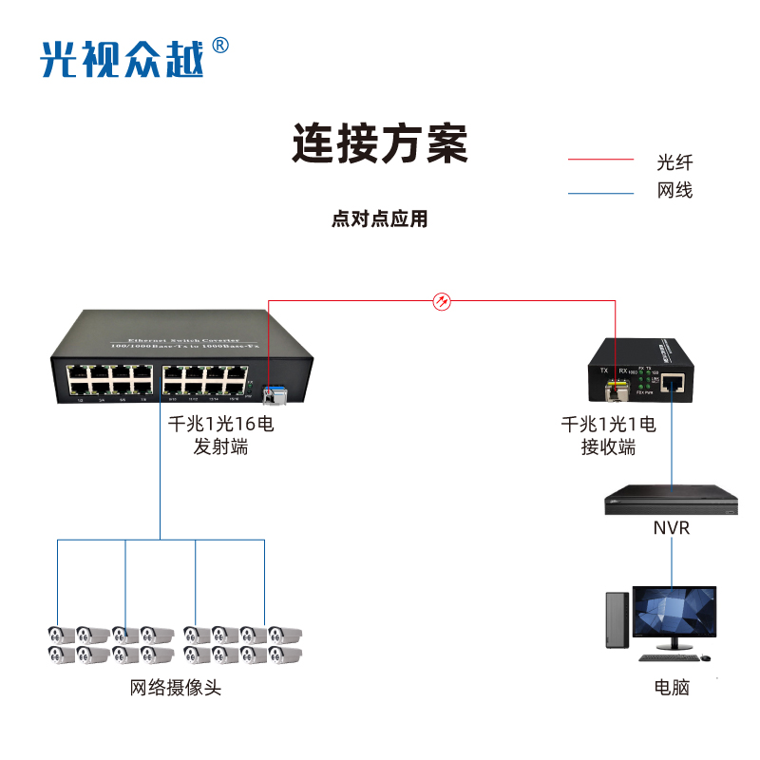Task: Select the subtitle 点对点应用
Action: pyautogui.click(x=380, y=219)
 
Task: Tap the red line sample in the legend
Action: pyautogui.click(x=600, y=160)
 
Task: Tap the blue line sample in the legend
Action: pyautogui.click(x=600, y=194)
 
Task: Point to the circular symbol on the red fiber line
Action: pyautogui.click(x=442, y=302)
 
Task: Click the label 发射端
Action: pyautogui.click(x=220, y=446)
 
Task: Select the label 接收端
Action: pyautogui.click(x=608, y=447)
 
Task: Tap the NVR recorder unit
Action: pyautogui.click(x=671, y=501)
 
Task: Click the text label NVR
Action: pyautogui.click(x=671, y=528)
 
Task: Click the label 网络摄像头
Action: pyautogui.click(x=176, y=688)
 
